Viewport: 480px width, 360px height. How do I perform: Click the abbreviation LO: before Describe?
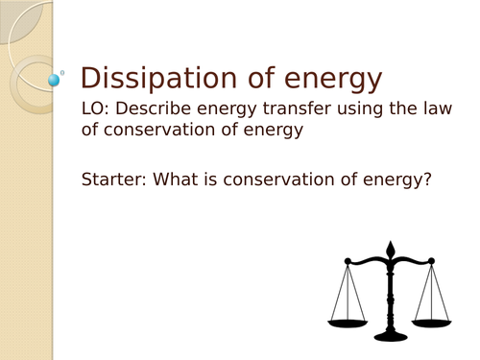point(99,109)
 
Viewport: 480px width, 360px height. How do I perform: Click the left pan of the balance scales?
point(349,321)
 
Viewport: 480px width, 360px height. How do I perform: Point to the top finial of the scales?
point(390,248)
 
